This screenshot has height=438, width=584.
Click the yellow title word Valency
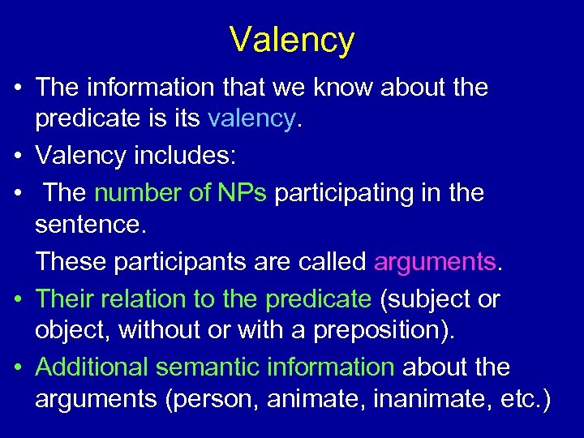tap(292, 39)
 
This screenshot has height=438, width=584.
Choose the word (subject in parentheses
tap(425, 298)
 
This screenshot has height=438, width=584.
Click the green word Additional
tap(92, 367)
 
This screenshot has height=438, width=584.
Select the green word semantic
tap(206, 367)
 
